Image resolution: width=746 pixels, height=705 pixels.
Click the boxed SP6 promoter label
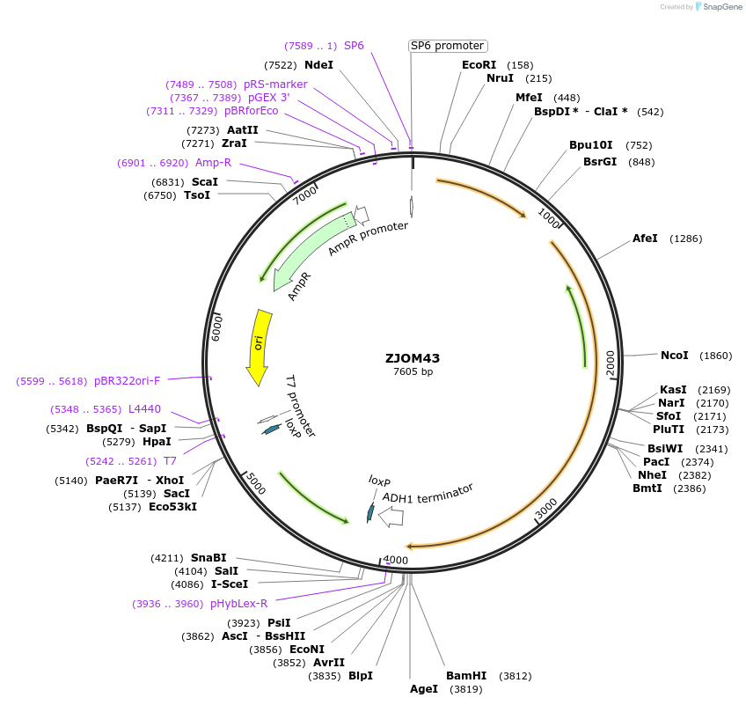pyautogui.click(x=448, y=46)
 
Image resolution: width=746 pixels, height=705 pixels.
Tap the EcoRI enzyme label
pyautogui.click(x=479, y=65)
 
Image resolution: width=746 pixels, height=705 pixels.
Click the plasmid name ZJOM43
pyautogui.click(x=413, y=358)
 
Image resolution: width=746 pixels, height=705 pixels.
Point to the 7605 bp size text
pyautogui.click(x=413, y=371)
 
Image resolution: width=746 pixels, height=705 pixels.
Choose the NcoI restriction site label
pyautogui.click(x=674, y=356)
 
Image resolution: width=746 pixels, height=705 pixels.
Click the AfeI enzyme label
pyautogui.click(x=645, y=239)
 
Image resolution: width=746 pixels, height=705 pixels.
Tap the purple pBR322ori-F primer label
pyautogui.click(x=127, y=381)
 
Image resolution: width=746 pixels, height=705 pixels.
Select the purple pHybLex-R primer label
pyautogui.click(x=238, y=604)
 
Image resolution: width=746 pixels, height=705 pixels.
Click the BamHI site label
pyautogui.click(x=466, y=676)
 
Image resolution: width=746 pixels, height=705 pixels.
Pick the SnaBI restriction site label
pyautogui.click(x=208, y=558)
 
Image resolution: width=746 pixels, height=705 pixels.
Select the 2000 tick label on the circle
pyautogui.click(x=611, y=361)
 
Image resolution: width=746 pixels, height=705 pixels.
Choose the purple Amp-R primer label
pyautogui.click(x=213, y=163)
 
